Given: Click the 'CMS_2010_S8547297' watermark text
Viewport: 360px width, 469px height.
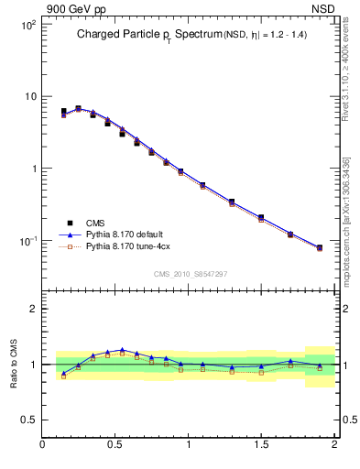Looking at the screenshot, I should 190,274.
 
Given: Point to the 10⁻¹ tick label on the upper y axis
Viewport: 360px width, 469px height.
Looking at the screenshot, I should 27,241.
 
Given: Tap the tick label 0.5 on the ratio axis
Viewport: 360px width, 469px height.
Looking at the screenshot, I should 29,420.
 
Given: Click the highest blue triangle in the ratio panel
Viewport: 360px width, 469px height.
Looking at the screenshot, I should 122,349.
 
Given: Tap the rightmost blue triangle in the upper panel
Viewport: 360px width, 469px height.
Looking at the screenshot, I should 319,247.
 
